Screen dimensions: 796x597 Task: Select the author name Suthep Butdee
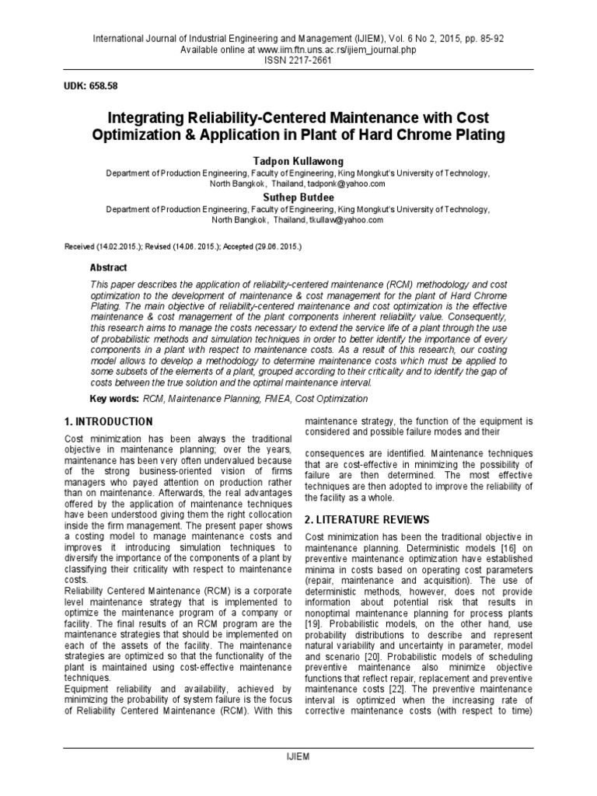298,197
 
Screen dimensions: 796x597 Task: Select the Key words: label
114,399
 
